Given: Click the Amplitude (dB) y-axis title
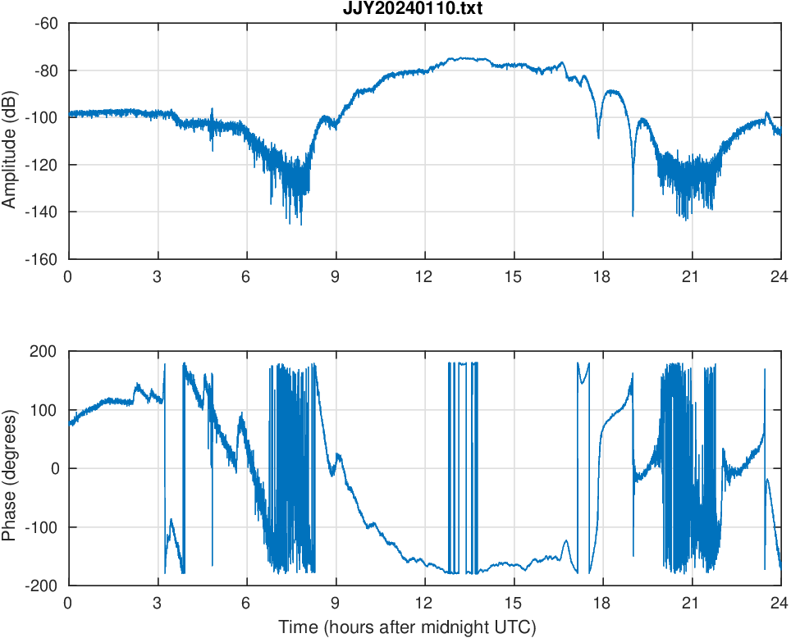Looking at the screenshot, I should pos(11,141).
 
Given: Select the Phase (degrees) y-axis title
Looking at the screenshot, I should pos(11,468).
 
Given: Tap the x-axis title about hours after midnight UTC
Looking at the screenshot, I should pos(407,627).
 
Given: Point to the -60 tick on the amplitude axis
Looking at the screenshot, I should pos(46,23).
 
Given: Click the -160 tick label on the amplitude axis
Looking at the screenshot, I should pos(43,259).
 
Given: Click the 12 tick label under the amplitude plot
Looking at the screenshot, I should pos(424,276).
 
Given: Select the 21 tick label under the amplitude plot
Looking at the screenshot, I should pos(691,276).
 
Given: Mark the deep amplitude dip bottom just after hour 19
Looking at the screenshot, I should pos(633,215).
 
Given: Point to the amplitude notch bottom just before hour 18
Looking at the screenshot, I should pos(598,137).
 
